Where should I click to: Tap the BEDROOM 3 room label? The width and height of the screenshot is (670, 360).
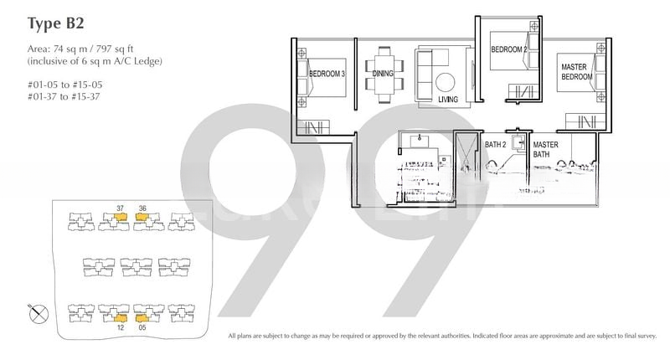coord(327,75)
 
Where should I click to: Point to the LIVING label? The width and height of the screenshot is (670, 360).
coord(449,100)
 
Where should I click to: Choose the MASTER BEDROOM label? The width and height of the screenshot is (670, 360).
coord(576,72)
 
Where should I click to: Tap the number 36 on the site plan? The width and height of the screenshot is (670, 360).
coord(142,208)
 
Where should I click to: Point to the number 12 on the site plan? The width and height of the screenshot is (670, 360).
coord(120,328)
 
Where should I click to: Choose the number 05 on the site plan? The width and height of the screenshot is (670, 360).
coord(143,328)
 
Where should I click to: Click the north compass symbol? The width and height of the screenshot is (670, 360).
coord(38,314)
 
